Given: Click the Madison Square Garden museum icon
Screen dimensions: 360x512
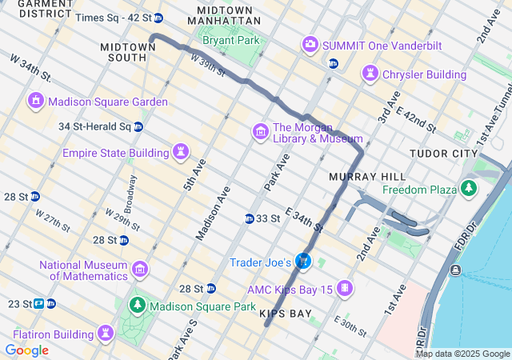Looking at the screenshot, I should (x=36, y=102).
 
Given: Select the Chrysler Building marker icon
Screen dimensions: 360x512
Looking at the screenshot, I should (x=370, y=74).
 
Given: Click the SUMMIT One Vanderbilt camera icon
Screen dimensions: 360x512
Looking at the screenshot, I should (x=310, y=45).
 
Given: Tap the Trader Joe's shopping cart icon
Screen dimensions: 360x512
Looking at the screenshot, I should (x=303, y=261).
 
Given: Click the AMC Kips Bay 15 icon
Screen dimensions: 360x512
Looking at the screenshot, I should (x=345, y=288).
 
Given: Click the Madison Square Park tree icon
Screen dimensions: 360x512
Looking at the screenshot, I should (x=138, y=306).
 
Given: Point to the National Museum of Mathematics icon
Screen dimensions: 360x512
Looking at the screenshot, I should (x=140, y=269).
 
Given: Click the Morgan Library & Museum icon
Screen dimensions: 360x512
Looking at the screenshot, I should (x=260, y=131).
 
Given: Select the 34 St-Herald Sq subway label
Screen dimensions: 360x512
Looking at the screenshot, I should (x=94, y=126).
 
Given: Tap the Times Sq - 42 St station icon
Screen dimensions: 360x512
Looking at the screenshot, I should (x=158, y=18).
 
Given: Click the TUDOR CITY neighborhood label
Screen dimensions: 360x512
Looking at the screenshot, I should (x=443, y=154).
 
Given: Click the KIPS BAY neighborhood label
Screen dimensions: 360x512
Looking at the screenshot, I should (x=286, y=314).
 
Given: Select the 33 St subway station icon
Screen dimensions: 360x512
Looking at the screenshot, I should (x=250, y=218).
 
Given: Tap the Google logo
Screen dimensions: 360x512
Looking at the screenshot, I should (x=26, y=350).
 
